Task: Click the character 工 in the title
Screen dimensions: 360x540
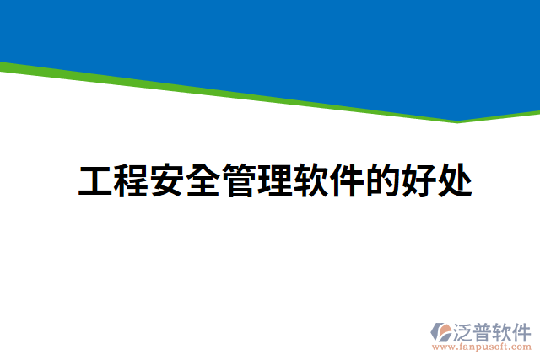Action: (96, 181)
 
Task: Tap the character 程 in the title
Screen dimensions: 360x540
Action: (132, 181)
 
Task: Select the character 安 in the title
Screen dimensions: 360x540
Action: (168, 181)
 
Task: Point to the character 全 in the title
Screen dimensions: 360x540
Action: (203, 181)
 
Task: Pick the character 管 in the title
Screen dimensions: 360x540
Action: (240, 181)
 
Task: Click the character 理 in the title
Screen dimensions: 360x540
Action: (275, 181)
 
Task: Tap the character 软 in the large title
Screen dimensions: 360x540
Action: (311, 181)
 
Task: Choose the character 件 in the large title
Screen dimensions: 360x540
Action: (347, 181)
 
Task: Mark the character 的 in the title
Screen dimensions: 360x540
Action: (382, 181)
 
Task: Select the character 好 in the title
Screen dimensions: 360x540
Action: (418, 181)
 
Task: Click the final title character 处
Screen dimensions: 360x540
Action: (454, 181)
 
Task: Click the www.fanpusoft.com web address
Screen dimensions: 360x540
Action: (481, 347)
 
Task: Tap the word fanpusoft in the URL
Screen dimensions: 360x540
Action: (483, 347)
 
